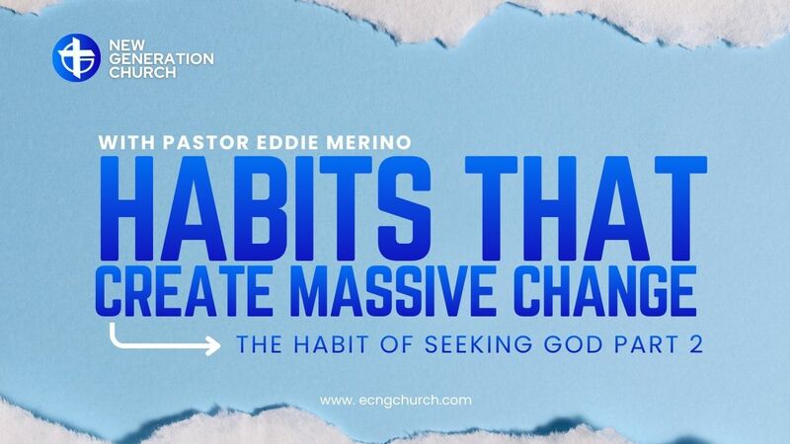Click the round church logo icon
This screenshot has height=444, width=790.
click(75, 57)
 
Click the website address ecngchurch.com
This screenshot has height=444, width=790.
click(395, 401)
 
